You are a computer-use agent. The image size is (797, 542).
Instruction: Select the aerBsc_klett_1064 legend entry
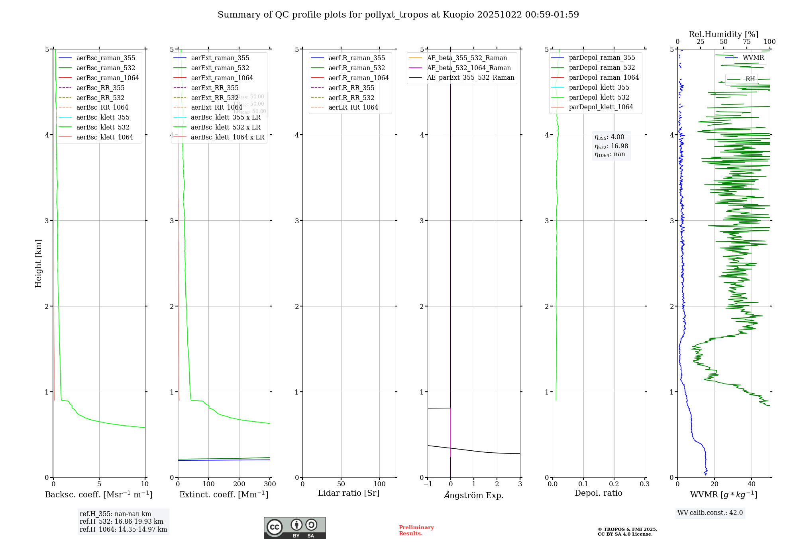pyautogui.click(x=105, y=137)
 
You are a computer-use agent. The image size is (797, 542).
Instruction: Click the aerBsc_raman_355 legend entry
pyautogui.click(x=106, y=58)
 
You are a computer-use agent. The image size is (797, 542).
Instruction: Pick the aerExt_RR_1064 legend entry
pyautogui.click(x=216, y=107)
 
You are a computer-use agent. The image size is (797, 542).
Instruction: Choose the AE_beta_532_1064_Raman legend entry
pyautogui.click(x=469, y=68)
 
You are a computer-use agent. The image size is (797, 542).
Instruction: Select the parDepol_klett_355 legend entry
pyautogui.click(x=599, y=87)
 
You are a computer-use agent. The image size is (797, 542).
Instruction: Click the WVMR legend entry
pyautogui.click(x=753, y=58)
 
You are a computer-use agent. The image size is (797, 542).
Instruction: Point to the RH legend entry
pyautogui.click(x=750, y=79)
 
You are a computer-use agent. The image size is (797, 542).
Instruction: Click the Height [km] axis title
pyautogui.click(x=38, y=263)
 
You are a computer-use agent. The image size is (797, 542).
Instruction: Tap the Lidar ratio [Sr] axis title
pyautogui.click(x=349, y=493)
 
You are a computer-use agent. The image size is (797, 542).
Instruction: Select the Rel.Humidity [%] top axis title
pyautogui.click(x=723, y=34)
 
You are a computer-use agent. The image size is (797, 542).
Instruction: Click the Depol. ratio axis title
pyautogui.click(x=598, y=493)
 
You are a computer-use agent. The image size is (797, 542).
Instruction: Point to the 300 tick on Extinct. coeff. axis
pyautogui.click(x=270, y=484)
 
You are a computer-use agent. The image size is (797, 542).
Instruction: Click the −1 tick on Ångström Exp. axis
pyautogui.click(x=428, y=484)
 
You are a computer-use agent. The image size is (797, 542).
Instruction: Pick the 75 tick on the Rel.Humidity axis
pyautogui.click(x=746, y=42)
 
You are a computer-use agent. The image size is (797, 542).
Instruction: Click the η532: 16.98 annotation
pyautogui.click(x=611, y=146)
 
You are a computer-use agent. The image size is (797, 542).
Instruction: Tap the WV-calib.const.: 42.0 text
pyautogui.click(x=710, y=513)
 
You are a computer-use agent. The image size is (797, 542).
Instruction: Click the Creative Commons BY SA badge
pyautogui.click(x=294, y=528)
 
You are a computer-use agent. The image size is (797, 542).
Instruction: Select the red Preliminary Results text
pyautogui.click(x=416, y=530)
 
